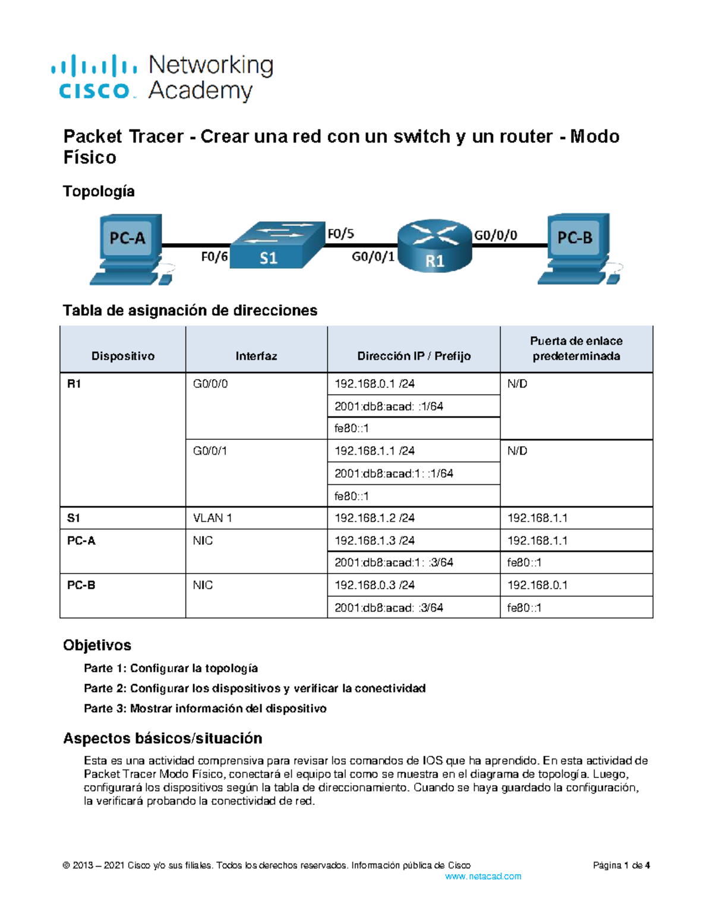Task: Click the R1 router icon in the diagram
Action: click(434, 245)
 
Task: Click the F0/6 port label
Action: click(214, 257)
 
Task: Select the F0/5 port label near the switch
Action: click(341, 234)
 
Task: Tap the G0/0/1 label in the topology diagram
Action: click(373, 257)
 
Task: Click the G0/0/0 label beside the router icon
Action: click(496, 235)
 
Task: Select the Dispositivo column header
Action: click(123, 356)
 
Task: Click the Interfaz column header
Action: click(256, 356)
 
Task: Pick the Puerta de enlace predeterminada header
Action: click(576, 348)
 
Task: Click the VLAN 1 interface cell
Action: click(212, 518)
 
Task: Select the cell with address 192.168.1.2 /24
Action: click(374, 518)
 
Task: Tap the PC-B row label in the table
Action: click(81, 585)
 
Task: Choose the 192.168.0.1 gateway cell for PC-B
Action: click(537, 585)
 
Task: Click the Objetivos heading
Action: click(97, 645)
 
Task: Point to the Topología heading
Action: click(99, 191)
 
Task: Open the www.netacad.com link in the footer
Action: click(483, 876)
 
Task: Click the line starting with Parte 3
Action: click(205, 708)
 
